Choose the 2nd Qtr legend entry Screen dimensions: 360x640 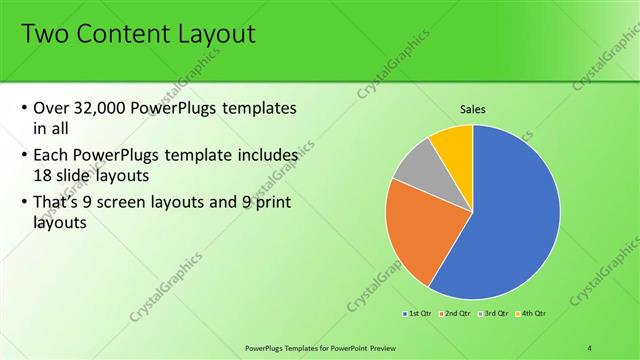455,314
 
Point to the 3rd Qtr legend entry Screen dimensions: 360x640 494,314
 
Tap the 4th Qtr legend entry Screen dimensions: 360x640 531,314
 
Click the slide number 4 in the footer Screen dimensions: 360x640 590,346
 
